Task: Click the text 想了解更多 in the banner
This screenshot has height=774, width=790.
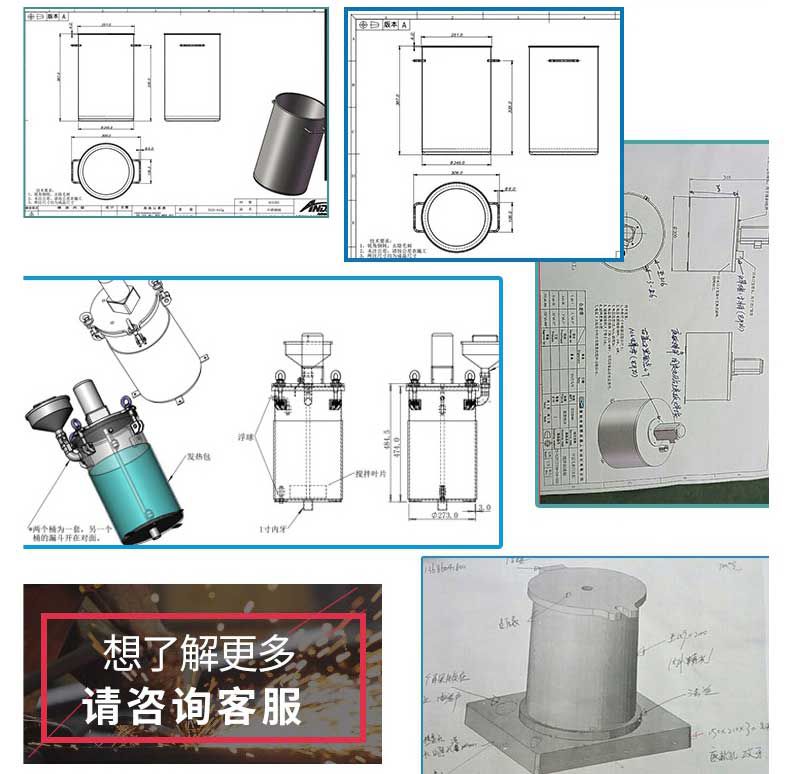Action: (x=200, y=655)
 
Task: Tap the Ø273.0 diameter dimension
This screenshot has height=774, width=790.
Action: (x=441, y=515)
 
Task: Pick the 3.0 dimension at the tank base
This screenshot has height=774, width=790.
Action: (x=485, y=508)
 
